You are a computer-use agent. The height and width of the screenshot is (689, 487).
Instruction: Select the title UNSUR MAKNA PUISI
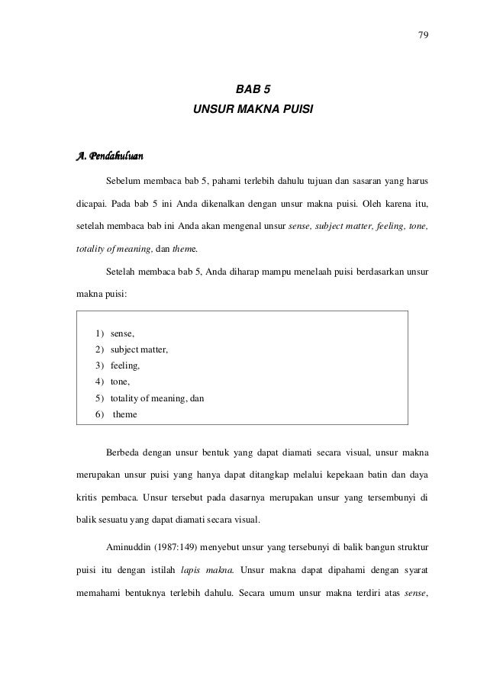[x=253, y=118]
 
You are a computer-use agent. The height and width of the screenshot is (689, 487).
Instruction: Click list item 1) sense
[x=115, y=333]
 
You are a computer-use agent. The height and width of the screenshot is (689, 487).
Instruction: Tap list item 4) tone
[x=113, y=382]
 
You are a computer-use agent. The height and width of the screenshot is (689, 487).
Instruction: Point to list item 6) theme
[x=119, y=414]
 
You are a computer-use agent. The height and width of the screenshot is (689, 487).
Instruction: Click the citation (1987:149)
[x=181, y=548]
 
